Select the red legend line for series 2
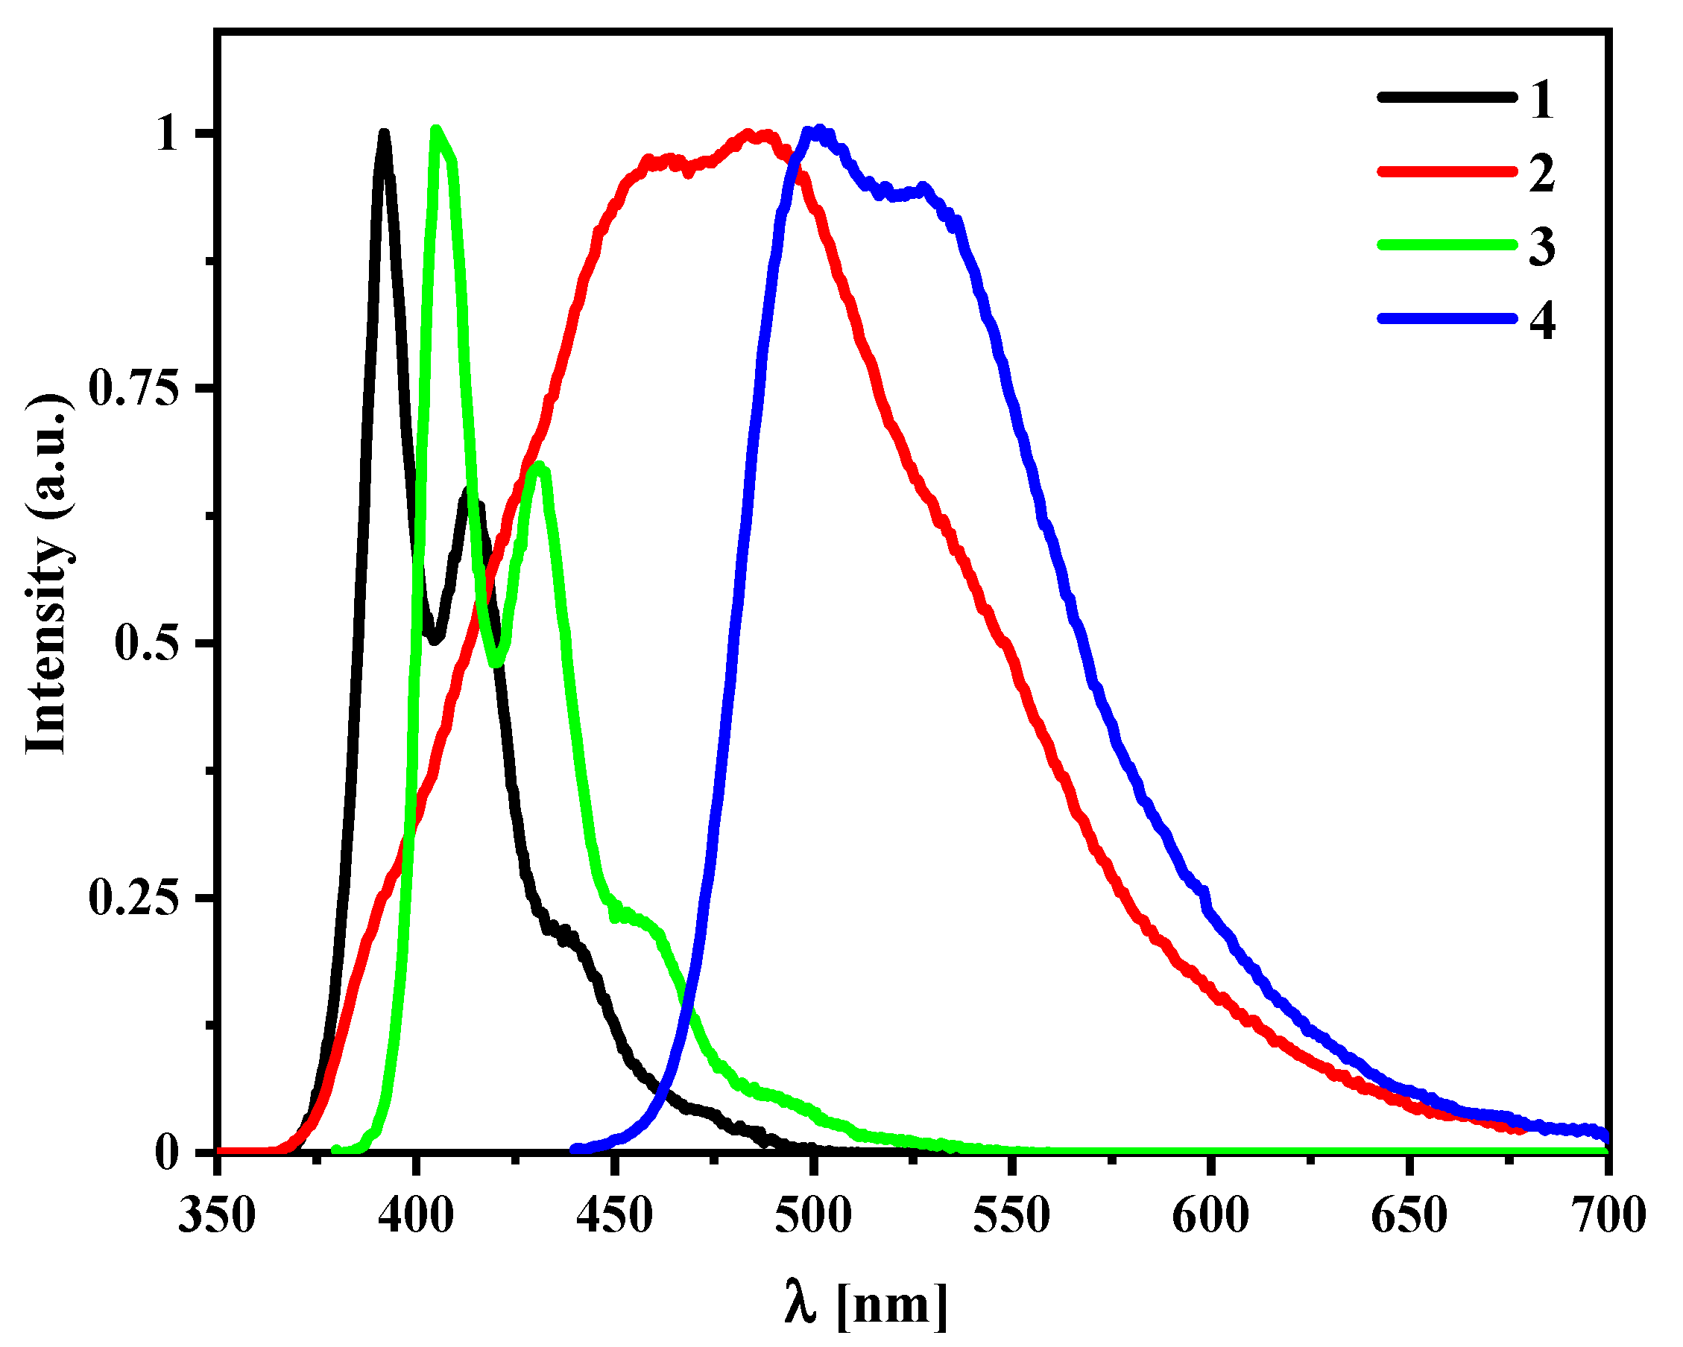click(1446, 171)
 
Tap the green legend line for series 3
click(1446, 245)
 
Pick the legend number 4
click(1541, 319)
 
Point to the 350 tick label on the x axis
click(216, 1216)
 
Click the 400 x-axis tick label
click(415, 1216)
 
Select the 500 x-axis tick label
click(812, 1216)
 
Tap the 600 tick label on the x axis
click(1210, 1216)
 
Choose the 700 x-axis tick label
click(1606, 1216)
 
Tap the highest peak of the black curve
click(383, 135)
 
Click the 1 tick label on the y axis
click(166, 134)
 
